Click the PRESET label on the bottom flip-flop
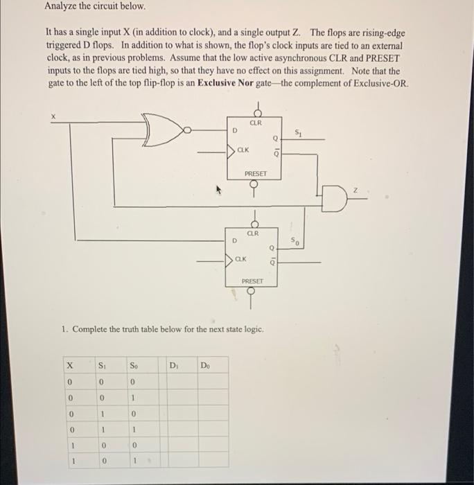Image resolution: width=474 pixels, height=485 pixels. [252, 281]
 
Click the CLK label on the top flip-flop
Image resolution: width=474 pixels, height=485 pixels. [243, 149]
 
